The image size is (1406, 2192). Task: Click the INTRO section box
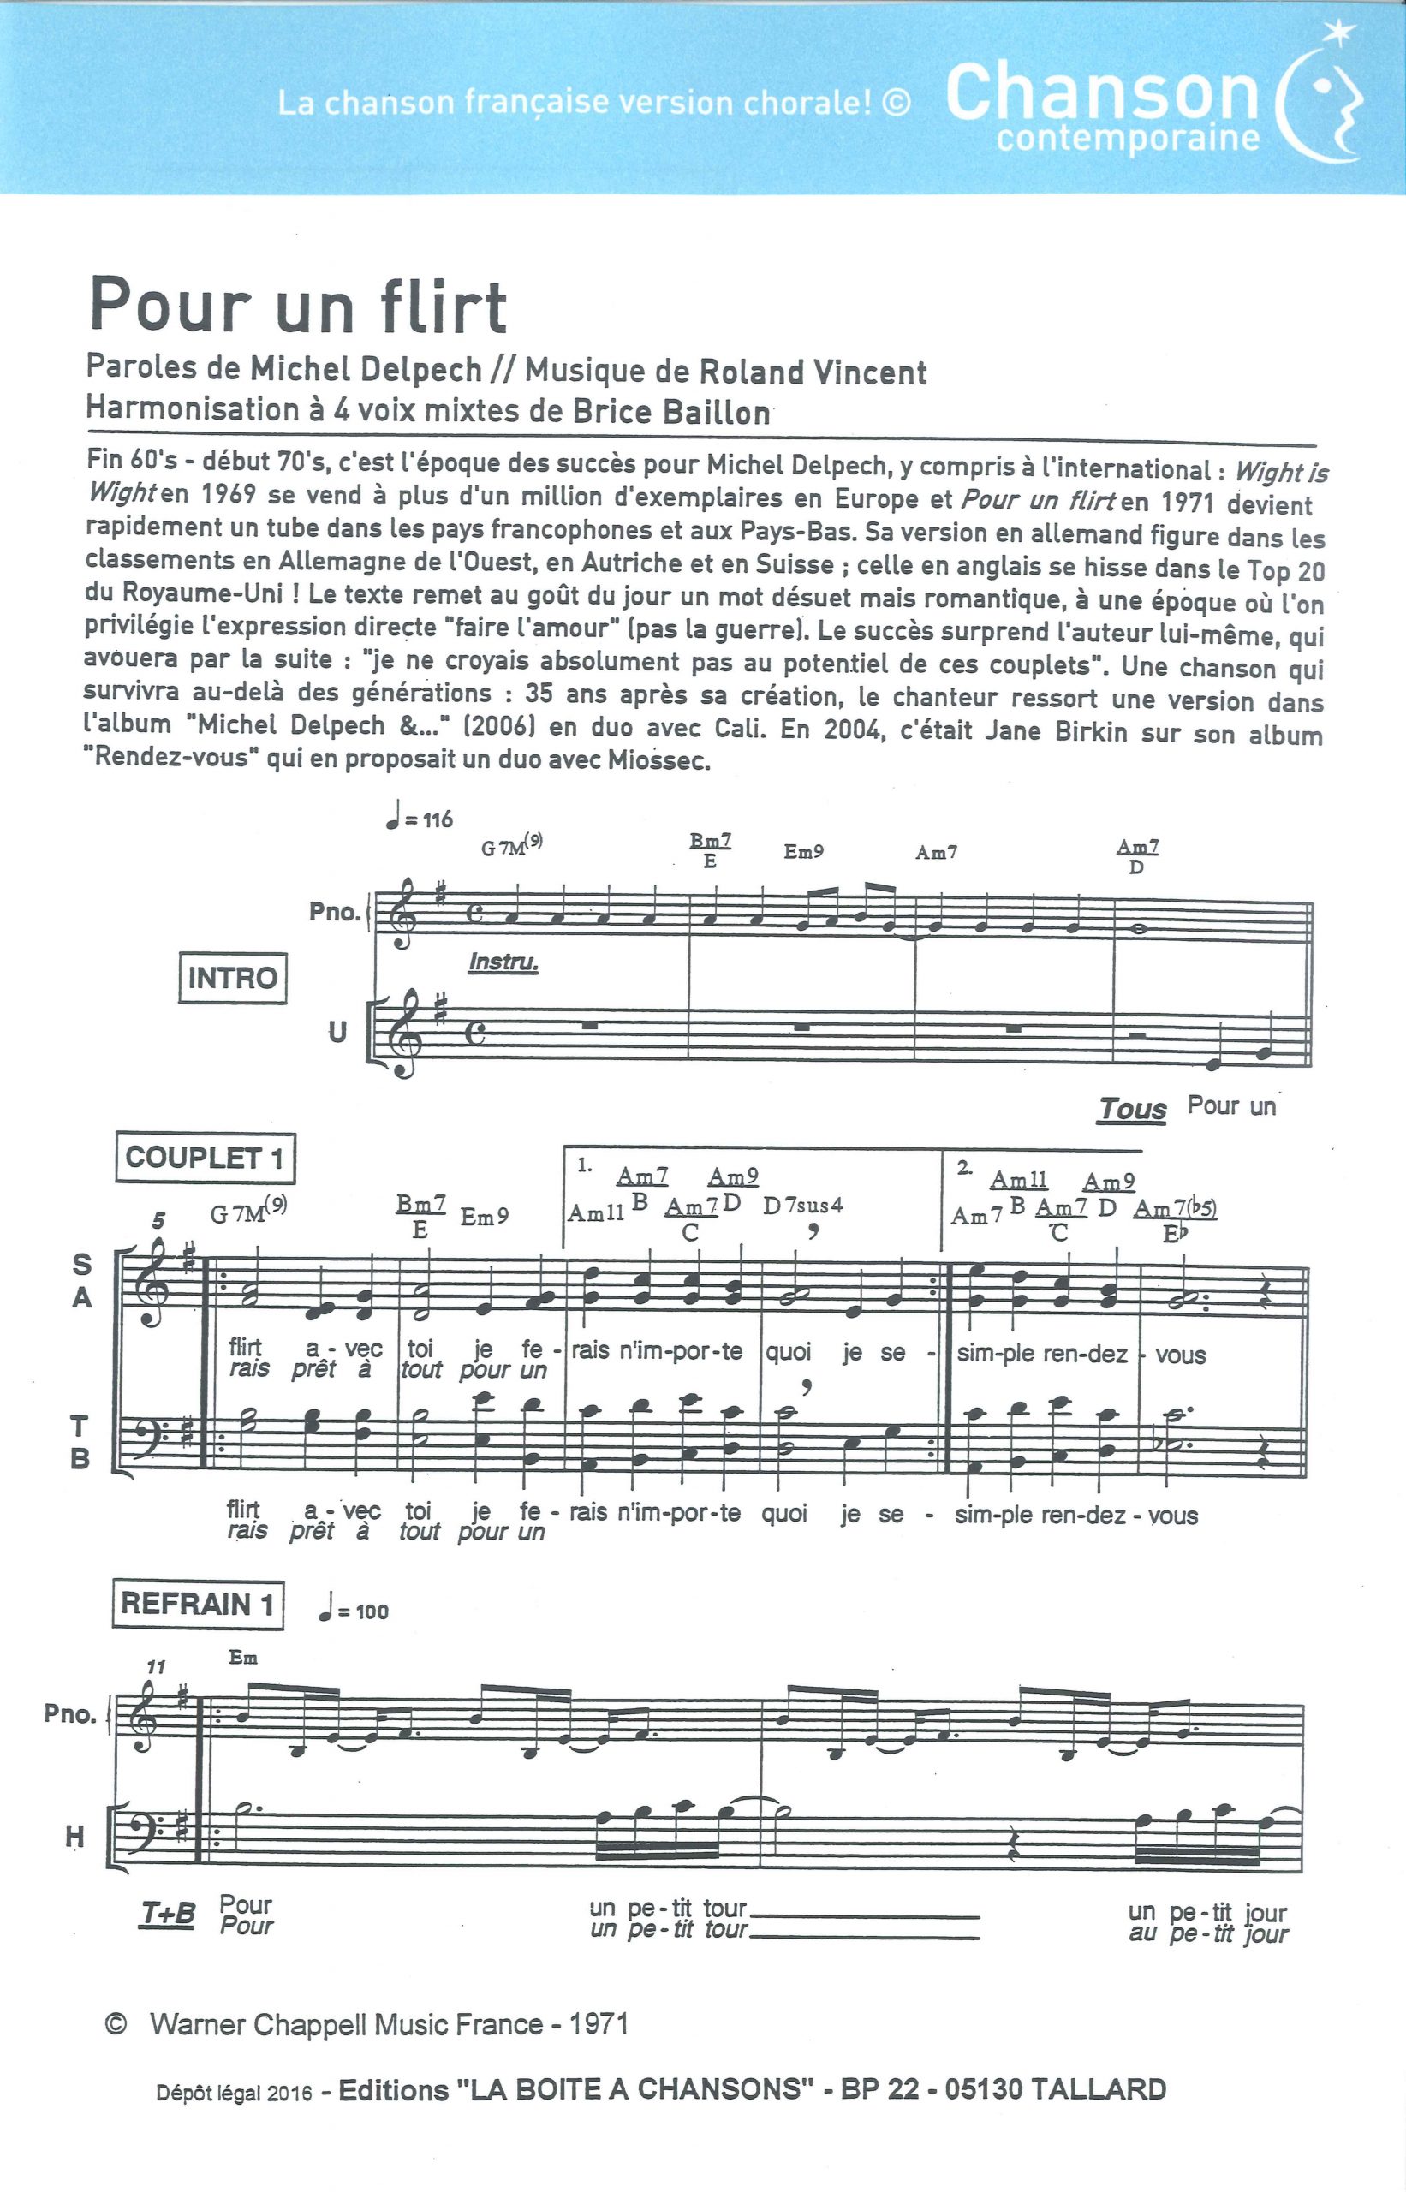232,978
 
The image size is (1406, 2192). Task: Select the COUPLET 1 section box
205,1158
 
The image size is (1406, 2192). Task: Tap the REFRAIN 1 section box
196,1604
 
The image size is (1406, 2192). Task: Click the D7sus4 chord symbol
802,1205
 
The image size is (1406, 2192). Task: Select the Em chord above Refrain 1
243,1657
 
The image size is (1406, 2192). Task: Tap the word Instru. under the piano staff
502,962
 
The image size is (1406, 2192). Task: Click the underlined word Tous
1131,1109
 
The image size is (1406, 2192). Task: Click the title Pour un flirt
298,306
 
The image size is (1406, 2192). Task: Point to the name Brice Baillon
671,411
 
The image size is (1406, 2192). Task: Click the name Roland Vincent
813,372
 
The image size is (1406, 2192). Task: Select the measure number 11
156,1667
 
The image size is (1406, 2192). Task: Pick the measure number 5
159,1221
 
